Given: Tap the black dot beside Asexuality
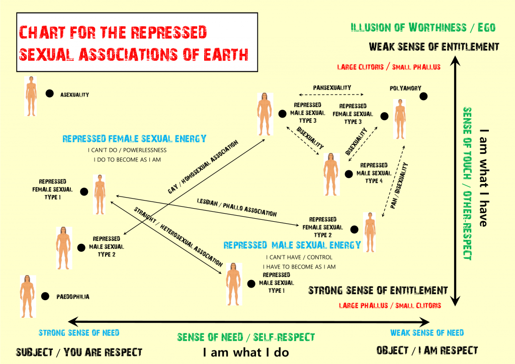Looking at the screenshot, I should (x=49, y=93).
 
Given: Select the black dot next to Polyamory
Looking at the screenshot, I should (x=424, y=96).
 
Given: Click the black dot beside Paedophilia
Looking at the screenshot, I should (x=45, y=296).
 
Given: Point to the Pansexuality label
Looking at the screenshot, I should (x=331, y=87).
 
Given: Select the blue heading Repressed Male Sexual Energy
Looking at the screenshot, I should (x=292, y=245).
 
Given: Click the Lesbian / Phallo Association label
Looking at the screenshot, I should (x=236, y=207).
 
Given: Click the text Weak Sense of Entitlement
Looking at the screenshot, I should (x=434, y=47).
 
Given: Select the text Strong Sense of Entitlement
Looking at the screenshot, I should (x=378, y=291).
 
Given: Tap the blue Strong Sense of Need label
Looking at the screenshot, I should (x=79, y=332).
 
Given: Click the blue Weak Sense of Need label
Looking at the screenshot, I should (x=427, y=332).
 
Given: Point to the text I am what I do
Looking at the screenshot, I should (x=246, y=352).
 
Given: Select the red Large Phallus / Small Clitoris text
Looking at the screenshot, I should (x=390, y=305).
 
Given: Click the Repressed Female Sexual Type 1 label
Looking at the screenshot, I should (x=56, y=190).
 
